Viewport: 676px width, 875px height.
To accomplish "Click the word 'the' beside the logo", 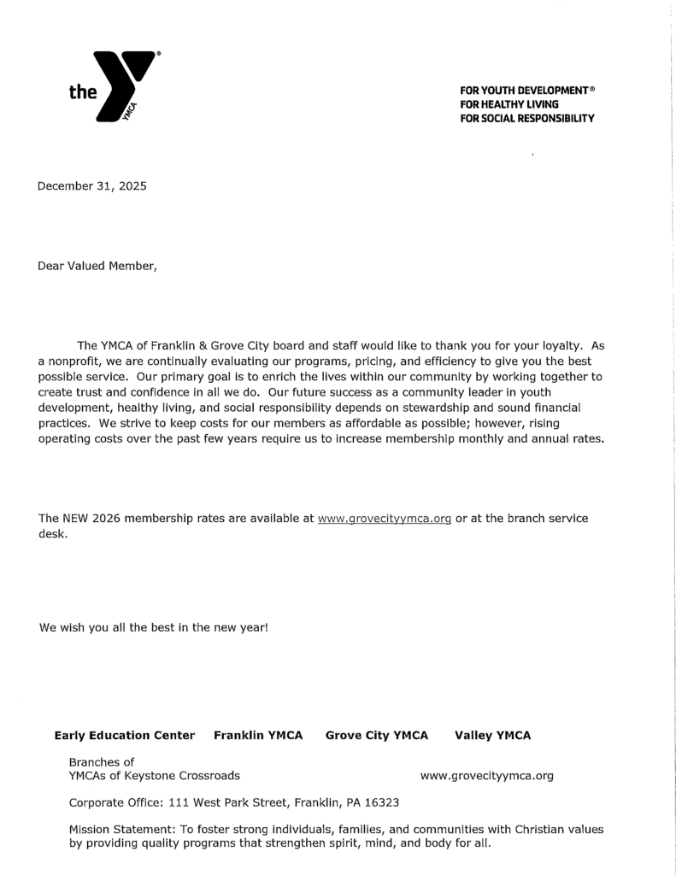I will click(x=84, y=92).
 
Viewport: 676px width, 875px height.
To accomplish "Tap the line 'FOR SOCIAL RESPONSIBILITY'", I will click(x=526, y=118).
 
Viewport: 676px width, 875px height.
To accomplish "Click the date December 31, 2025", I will click(x=91, y=186).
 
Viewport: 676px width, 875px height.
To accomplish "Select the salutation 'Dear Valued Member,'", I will click(x=97, y=266).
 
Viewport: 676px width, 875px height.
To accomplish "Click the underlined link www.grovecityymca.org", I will click(x=384, y=519).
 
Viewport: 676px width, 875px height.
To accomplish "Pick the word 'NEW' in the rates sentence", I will click(x=75, y=519).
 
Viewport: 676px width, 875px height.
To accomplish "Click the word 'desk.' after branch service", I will click(x=53, y=533).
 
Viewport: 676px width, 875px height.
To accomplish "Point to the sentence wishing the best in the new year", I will click(x=154, y=627).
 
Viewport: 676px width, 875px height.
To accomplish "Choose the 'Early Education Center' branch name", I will click(x=124, y=735).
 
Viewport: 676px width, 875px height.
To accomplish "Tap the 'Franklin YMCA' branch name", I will click(x=258, y=735).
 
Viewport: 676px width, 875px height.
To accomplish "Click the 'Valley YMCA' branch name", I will click(x=492, y=735).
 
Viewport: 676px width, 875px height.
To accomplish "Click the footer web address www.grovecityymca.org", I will click(x=486, y=776).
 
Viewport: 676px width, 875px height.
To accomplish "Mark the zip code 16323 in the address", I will click(x=381, y=803).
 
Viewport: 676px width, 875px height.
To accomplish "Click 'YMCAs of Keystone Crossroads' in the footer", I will click(x=154, y=776).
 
